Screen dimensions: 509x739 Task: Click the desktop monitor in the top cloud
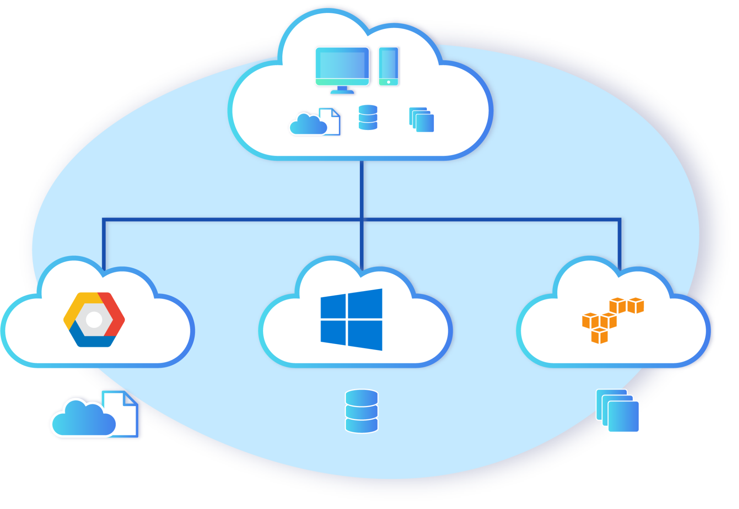coord(342,66)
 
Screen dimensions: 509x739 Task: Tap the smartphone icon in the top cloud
coord(388,66)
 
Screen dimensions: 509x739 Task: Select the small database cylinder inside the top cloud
coord(368,117)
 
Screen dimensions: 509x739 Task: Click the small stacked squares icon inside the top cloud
coord(422,120)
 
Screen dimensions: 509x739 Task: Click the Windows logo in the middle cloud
coord(351,320)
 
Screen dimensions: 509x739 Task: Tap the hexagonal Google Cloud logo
coord(94,320)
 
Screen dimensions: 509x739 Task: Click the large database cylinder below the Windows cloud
coord(361,411)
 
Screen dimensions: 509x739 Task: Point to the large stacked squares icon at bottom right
coord(618,410)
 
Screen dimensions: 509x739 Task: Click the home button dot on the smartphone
coord(389,82)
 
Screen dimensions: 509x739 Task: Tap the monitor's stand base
coord(342,92)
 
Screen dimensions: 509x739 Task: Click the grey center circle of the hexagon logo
coord(94,320)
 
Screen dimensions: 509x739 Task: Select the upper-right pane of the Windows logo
coord(365,303)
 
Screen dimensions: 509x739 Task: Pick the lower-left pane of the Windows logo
coord(333,332)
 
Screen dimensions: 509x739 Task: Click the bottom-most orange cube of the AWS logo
coord(599,336)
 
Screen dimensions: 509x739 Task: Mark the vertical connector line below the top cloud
coord(361,188)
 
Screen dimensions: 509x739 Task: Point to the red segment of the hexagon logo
coord(115,314)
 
